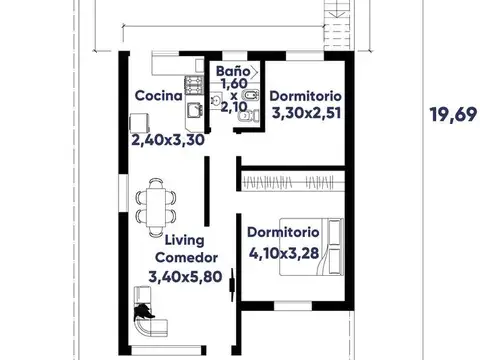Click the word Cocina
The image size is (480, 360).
pos(158,97)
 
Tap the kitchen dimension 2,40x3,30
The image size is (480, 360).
pos(168,141)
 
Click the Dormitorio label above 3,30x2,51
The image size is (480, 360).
pos(307,96)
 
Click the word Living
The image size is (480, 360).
pos(184,241)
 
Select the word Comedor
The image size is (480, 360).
pos(184,257)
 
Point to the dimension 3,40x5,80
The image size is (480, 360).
pos(184,276)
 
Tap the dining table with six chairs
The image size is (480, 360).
pos(156,200)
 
